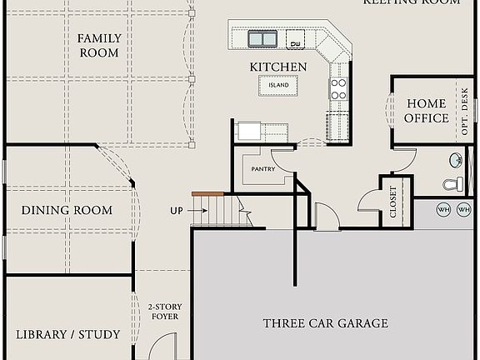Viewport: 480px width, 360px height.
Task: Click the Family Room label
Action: (99, 45)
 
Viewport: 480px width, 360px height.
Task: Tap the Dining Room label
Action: (67, 210)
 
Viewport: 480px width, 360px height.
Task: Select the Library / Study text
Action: (68, 334)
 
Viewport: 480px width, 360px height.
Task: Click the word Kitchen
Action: (278, 67)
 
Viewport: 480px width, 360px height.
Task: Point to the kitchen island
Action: (278, 85)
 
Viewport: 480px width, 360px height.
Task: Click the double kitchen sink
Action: (262, 38)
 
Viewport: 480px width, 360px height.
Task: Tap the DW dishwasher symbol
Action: (296, 42)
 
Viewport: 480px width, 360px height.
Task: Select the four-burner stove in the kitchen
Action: (338, 89)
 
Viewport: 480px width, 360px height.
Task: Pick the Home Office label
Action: (427, 111)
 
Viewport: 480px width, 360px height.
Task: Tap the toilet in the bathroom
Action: (452, 184)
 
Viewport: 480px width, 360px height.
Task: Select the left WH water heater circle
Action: (443, 210)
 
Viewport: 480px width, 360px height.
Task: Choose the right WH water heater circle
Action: (463, 210)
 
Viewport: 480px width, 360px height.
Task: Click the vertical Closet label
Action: (394, 202)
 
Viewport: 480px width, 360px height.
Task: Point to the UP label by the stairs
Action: (177, 211)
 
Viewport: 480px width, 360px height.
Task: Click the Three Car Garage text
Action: (325, 323)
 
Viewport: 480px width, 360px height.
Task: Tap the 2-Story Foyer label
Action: (164, 312)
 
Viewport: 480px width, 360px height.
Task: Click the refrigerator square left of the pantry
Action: (248, 131)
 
